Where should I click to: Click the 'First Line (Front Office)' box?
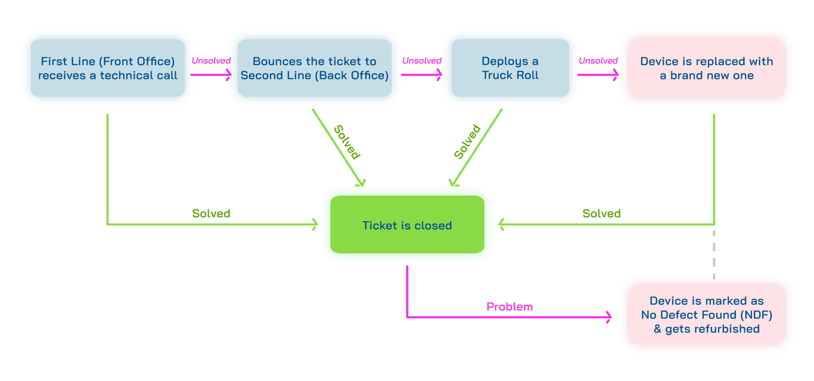(x=108, y=68)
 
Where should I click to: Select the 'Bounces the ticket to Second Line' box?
(x=314, y=68)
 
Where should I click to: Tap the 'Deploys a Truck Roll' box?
(x=510, y=68)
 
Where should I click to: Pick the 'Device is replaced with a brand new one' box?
(x=707, y=68)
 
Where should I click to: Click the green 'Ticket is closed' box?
(x=407, y=224)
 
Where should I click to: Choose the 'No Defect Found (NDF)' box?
(x=707, y=315)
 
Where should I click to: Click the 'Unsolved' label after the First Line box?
(x=211, y=61)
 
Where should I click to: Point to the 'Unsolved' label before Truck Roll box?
(x=422, y=61)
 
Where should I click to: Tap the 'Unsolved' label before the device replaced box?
(x=598, y=61)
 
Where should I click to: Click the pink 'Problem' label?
(x=510, y=307)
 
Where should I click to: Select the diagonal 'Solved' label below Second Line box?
(x=347, y=142)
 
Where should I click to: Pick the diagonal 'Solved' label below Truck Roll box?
(x=467, y=141)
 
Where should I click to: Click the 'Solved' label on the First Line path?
(x=211, y=213)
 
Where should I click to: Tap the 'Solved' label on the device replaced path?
(x=601, y=213)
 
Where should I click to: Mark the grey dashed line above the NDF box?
(x=714, y=255)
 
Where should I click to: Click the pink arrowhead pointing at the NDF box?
(x=609, y=317)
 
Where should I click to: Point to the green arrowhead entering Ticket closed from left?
(x=315, y=224)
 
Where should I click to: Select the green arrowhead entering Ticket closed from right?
(x=501, y=224)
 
